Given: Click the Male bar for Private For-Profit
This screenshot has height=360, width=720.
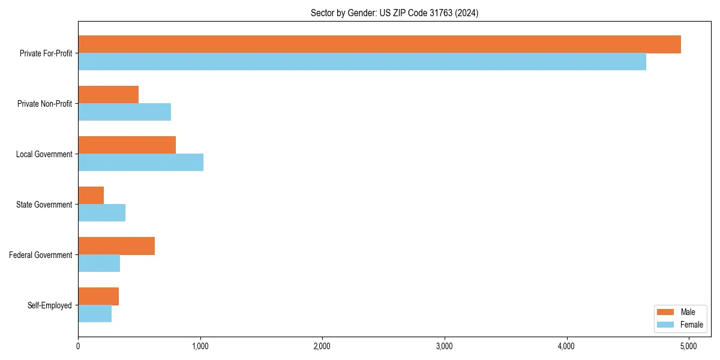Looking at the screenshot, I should point(379,44).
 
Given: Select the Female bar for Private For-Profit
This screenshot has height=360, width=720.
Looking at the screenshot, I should point(362,62).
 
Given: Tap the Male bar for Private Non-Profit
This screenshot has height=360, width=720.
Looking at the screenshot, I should point(109,95).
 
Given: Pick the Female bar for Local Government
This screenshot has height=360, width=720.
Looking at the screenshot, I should point(140,163).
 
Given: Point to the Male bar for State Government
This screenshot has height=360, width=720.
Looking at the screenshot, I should point(91,196).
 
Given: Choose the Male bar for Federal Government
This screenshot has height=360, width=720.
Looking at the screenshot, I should point(116,246).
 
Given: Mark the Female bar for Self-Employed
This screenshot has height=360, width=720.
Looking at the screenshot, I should point(95,314).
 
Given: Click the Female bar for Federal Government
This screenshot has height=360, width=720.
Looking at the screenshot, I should point(99,263).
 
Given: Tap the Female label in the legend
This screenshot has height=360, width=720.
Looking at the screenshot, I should point(692,325).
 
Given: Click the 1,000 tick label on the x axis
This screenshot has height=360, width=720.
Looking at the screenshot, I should point(200,346).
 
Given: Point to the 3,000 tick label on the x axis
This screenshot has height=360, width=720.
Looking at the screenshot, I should point(444,346).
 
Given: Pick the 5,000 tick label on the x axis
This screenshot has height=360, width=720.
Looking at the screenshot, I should point(688,346).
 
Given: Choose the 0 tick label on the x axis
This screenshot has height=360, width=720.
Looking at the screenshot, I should point(78,346).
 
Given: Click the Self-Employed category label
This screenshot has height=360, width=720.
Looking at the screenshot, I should point(50,305).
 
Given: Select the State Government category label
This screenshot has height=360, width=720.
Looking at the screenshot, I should point(44,205).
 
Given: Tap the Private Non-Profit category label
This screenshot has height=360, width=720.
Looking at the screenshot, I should point(44,104).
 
